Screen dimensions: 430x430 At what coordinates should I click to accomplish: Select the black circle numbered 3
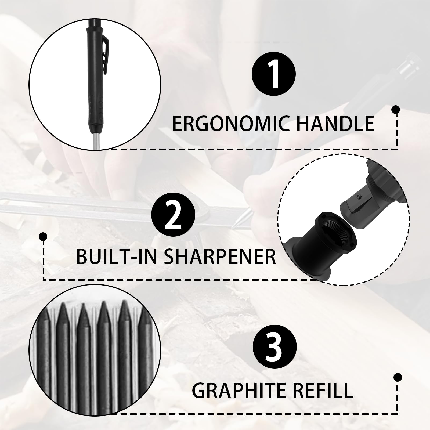pos(275,345)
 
